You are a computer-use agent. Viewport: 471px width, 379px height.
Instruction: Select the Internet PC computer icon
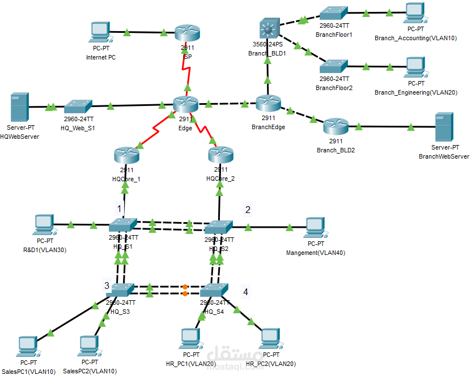[x=100, y=33]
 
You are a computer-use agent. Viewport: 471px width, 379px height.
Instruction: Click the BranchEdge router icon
[x=268, y=103]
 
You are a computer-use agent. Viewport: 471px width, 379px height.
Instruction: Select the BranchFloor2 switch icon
[x=333, y=65]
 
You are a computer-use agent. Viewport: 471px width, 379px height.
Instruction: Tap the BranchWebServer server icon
[x=443, y=127]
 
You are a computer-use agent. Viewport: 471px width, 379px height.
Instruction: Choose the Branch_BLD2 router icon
[x=335, y=126]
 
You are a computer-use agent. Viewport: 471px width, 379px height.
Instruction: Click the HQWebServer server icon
[x=19, y=109]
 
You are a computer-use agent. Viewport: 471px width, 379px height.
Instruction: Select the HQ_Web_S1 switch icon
[x=78, y=107]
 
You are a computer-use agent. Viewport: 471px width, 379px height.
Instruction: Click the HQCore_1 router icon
[x=126, y=155]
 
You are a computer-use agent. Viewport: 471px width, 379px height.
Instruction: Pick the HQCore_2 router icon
[x=220, y=155]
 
